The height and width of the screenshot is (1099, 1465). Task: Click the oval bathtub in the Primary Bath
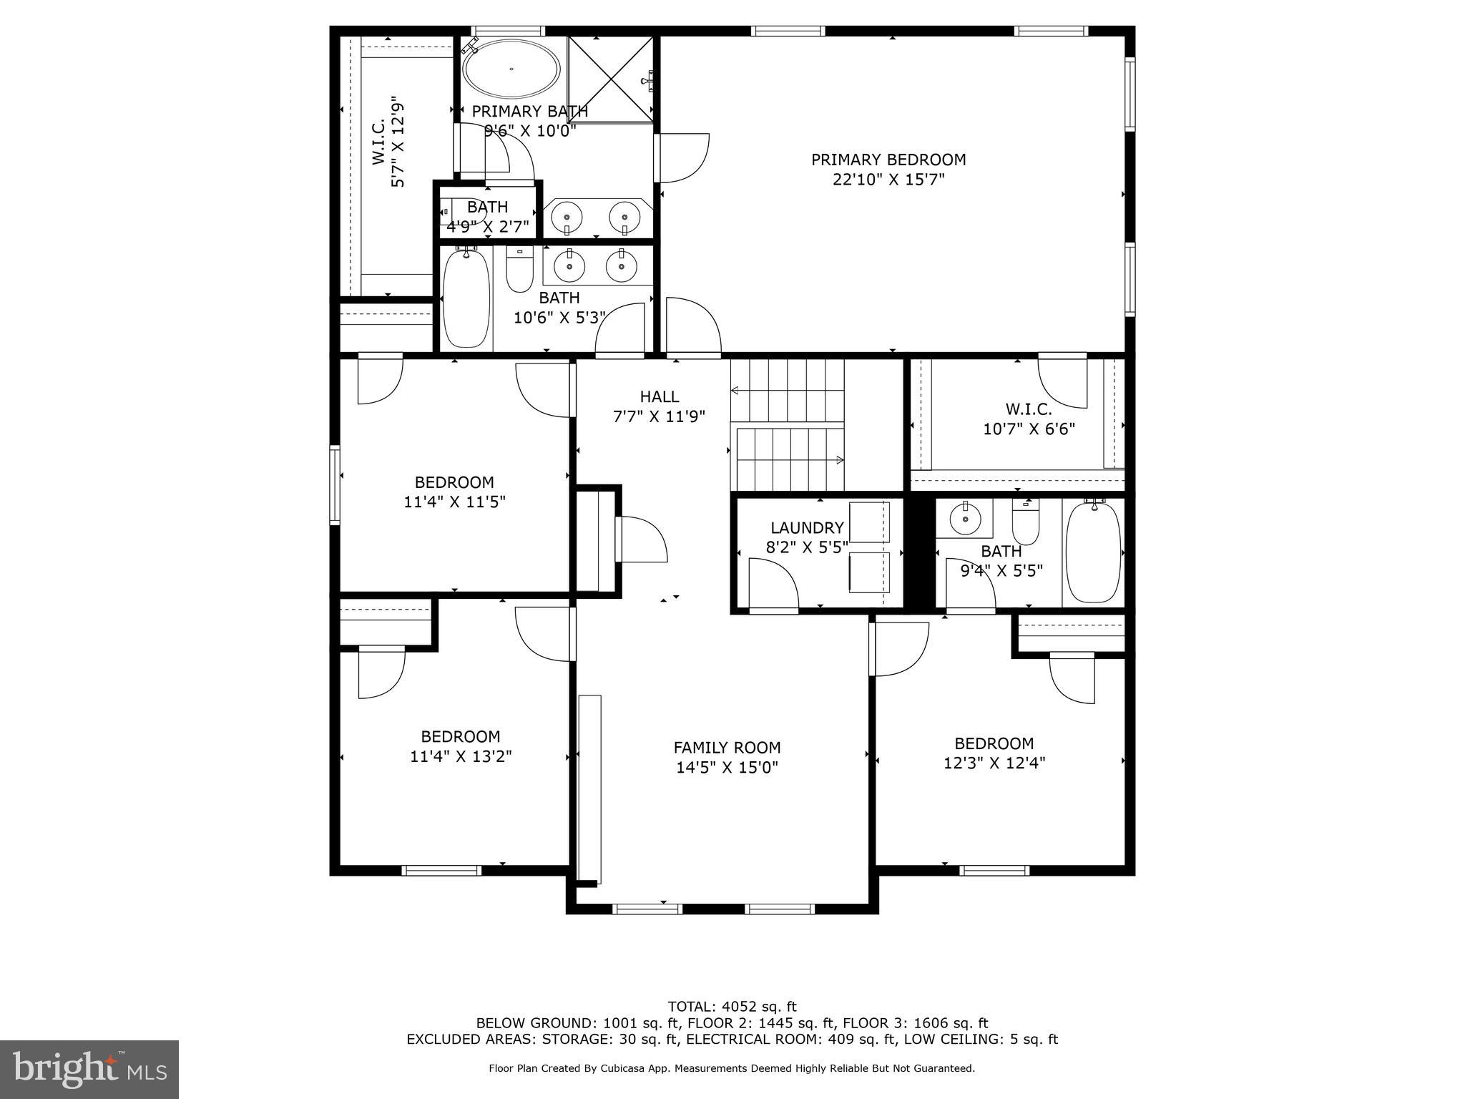(x=511, y=69)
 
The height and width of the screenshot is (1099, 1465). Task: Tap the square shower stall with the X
(x=610, y=79)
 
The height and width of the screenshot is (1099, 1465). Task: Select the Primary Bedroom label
(x=888, y=160)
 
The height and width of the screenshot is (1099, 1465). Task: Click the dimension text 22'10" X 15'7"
(x=888, y=180)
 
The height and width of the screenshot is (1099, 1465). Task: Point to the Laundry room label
(x=806, y=528)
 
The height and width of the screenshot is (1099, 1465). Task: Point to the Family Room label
(x=727, y=748)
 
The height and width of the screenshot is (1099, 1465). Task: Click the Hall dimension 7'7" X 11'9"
(x=659, y=416)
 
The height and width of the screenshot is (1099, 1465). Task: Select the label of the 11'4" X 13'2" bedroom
(x=460, y=736)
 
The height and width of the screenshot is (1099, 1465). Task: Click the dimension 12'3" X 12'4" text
(x=994, y=763)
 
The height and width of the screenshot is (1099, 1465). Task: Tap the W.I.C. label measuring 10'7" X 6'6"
(x=1029, y=409)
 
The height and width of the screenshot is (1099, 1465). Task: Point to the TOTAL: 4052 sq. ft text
(x=731, y=1007)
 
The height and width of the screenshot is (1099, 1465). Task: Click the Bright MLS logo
(x=89, y=1069)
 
